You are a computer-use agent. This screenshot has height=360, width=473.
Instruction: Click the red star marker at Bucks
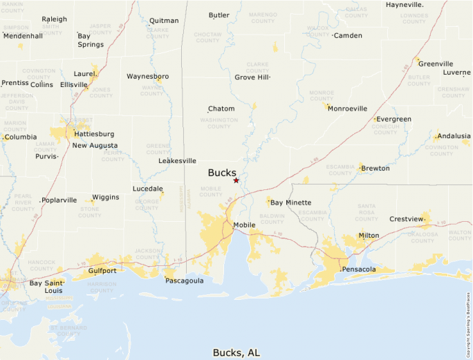pos(236,180)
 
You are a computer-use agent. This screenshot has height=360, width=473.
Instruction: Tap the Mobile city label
pos(244,225)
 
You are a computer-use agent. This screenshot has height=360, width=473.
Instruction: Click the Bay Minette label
pos(288,202)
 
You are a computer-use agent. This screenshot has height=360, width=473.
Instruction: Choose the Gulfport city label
pos(102,271)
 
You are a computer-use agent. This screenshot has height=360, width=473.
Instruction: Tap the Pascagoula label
pos(184,281)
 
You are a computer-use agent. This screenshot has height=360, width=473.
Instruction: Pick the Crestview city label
pos(405,219)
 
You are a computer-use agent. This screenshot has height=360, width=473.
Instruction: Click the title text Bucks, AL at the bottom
pos(236,352)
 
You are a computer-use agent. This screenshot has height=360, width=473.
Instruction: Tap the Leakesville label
pos(177,161)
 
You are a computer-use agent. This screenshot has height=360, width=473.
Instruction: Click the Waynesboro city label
pos(147,77)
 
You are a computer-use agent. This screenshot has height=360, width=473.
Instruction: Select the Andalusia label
pos(453,136)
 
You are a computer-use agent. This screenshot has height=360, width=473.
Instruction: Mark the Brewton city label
pos(374,169)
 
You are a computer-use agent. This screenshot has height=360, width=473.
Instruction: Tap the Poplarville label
pos(59,200)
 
